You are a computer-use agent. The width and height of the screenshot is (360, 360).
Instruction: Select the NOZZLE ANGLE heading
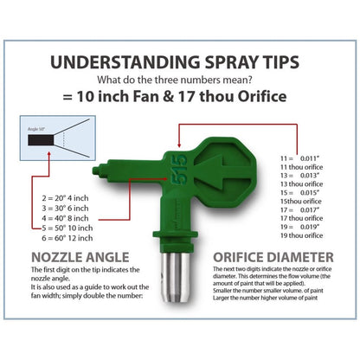[x=82, y=256]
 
